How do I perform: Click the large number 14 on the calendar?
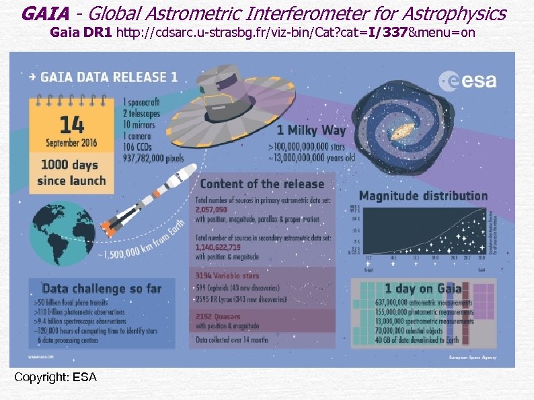click(x=71, y=124)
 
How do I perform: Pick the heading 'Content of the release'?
click(x=262, y=184)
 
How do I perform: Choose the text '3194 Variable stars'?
click(x=227, y=276)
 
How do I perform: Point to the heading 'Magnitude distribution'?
click(x=424, y=196)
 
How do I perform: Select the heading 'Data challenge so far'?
click(x=102, y=288)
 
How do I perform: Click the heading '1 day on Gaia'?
click(x=423, y=288)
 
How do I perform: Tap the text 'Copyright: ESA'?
click(x=55, y=377)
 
